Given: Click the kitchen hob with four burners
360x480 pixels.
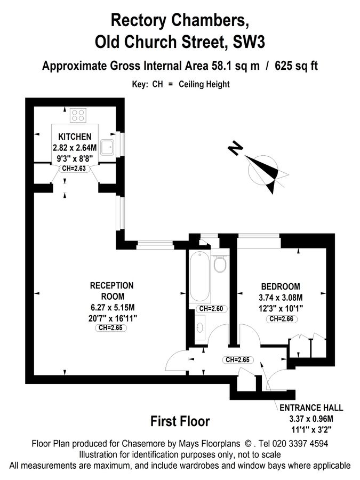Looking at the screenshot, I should (78, 115).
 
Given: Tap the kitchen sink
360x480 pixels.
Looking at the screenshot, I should (107, 146).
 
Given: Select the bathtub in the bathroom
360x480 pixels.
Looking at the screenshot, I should (200, 277).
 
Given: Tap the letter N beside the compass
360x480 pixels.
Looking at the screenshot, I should (235, 148).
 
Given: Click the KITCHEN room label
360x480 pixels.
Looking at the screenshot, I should (75, 137).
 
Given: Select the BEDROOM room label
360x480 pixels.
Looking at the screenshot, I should (280, 286).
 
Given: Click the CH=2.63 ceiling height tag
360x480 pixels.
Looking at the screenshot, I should (74, 169).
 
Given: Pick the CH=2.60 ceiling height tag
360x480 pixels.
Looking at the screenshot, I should (210, 309).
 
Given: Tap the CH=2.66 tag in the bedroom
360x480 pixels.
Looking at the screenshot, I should (282, 319).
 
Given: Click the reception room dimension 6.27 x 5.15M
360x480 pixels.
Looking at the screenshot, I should (112, 307).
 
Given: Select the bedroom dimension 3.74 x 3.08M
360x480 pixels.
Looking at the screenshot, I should (281, 298).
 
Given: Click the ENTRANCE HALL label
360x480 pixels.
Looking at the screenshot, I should (311, 407).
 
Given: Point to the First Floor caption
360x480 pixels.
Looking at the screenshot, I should (180, 421).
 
